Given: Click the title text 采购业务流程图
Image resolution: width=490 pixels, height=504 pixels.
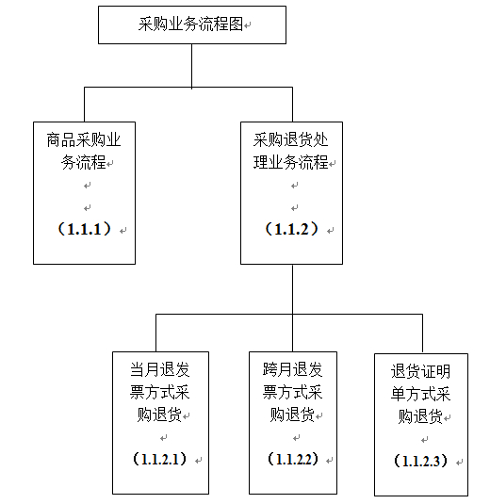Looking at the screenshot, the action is pyautogui.click(x=190, y=24).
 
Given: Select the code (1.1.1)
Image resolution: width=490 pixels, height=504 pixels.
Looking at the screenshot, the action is pyautogui.click(x=84, y=229).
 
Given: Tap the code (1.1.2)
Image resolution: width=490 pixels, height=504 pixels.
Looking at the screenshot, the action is pyautogui.click(x=291, y=229).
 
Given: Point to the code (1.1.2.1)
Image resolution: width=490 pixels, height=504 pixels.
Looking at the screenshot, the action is pyautogui.click(x=160, y=459).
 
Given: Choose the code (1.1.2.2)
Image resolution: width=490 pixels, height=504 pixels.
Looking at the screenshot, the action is pyautogui.click(x=293, y=459).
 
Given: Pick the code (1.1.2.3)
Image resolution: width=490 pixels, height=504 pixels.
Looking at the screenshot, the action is pyautogui.click(x=420, y=461).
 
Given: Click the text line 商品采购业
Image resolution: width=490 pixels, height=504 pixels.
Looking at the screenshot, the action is pyautogui.click(x=84, y=140).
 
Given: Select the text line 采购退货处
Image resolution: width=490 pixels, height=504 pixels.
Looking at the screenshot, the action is pyautogui.click(x=290, y=140).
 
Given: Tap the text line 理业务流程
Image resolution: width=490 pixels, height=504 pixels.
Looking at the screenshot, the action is pyautogui.click(x=290, y=162).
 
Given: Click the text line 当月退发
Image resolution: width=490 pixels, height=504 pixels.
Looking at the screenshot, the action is pyautogui.click(x=160, y=369).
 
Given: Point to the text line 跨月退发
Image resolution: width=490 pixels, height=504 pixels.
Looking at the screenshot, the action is pyautogui.click(x=292, y=369).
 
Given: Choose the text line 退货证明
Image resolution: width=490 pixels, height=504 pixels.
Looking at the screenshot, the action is pyautogui.click(x=420, y=371).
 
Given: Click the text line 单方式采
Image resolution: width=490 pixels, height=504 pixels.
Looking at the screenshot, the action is pyautogui.click(x=420, y=394).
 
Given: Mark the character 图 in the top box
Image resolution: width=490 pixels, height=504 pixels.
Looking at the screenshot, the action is pyautogui.click(x=236, y=24).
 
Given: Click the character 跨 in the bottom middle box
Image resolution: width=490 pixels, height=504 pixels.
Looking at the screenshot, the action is pyautogui.click(x=270, y=369).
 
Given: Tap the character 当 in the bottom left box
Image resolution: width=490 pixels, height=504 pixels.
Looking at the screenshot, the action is pyautogui.click(x=138, y=369).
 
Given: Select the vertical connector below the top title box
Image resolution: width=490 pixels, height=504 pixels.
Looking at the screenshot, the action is pyautogui.click(x=192, y=66).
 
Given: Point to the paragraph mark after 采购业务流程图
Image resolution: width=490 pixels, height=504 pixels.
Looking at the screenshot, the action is pyautogui.click(x=247, y=25).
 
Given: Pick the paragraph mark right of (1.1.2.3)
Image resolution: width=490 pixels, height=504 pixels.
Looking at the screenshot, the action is pyautogui.click(x=460, y=463).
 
